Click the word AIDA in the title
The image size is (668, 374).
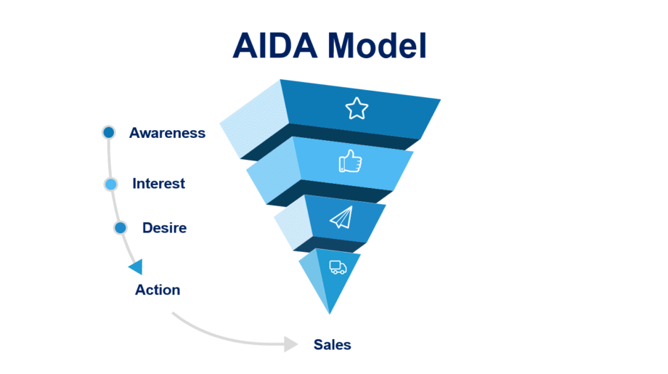(275, 45)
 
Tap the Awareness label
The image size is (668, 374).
(167, 133)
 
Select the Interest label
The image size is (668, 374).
(158, 184)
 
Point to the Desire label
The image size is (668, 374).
(164, 228)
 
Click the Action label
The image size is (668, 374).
(158, 290)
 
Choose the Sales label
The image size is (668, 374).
(332, 344)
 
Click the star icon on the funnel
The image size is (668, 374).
(357, 109)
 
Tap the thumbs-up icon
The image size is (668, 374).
(350, 161)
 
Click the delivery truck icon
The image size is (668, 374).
(338, 267)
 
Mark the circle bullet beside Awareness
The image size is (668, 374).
(109, 132)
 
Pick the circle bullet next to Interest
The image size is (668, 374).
(110, 184)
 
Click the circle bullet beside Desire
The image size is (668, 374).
(121, 228)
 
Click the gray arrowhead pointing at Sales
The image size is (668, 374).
(291, 343)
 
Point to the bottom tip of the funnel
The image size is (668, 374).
(330, 312)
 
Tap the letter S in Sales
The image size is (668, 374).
(318, 344)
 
